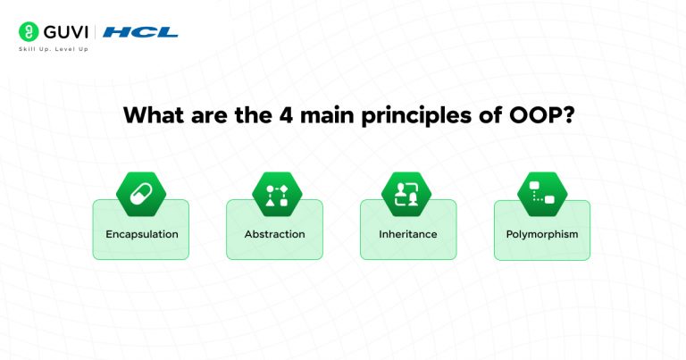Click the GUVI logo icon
pyautogui.click(x=29, y=32)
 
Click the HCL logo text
pyautogui.click(x=140, y=32)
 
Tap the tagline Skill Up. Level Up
pyautogui.click(x=54, y=49)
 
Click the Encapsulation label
pyautogui.click(x=141, y=234)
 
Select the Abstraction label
pyautogui.click(x=274, y=234)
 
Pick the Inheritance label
pyautogui.click(x=408, y=234)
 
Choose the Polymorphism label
pyautogui.click(x=542, y=234)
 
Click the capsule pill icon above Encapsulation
pyautogui.click(x=141, y=194)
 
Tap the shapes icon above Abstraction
pyautogui.click(x=274, y=194)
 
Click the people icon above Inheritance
pyautogui.click(x=408, y=194)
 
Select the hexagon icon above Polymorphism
pyautogui.click(x=542, y=194)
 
